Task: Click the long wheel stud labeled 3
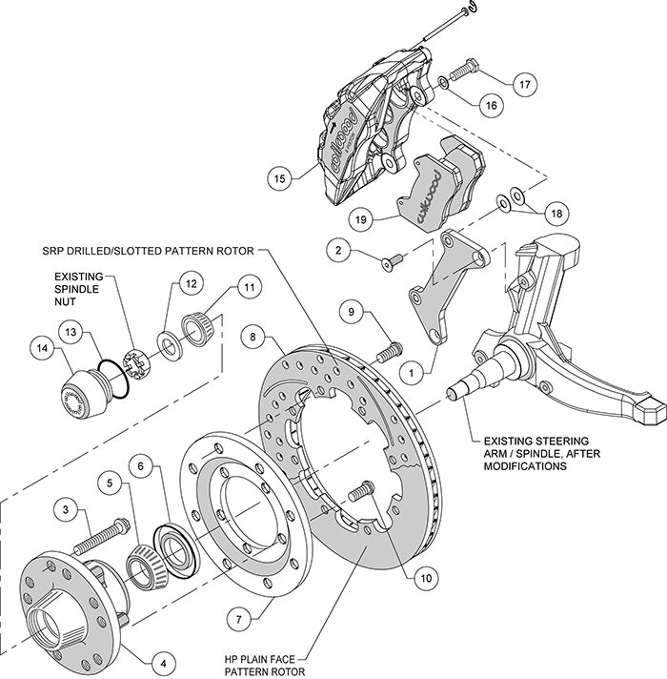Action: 101,538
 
